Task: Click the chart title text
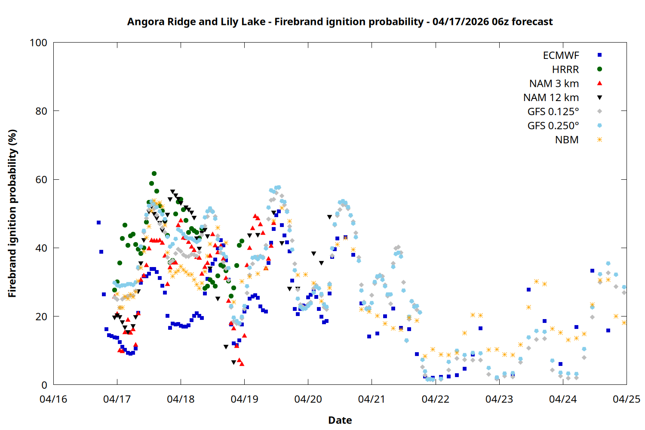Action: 340,21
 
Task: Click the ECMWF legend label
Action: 561,55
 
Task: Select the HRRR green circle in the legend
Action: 599,69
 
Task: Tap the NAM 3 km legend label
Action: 554,83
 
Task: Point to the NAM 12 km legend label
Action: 551,98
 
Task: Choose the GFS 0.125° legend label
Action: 553,112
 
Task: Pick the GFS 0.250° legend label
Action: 553,126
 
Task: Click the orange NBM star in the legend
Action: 599,140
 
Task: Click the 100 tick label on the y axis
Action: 38,43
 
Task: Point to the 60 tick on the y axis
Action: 41,179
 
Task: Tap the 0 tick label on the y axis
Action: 44,385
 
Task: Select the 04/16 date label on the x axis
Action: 53,399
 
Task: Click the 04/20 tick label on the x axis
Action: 308,399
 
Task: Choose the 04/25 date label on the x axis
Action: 626,399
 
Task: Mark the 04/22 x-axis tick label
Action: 435,399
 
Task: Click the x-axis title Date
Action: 340,420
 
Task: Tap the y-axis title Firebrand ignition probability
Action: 12,213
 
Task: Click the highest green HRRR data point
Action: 154,174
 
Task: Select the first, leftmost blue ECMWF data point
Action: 98,222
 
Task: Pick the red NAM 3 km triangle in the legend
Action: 599,83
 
